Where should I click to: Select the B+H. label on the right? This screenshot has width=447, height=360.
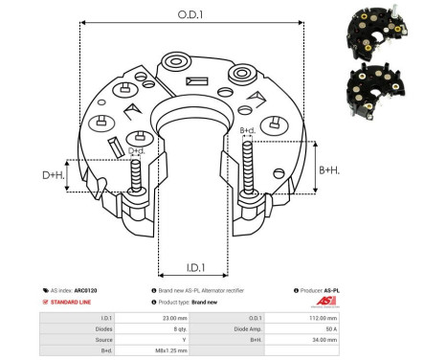(329, 169)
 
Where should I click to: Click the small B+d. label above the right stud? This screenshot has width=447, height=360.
(246, 129)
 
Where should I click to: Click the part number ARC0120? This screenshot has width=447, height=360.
(85, 289)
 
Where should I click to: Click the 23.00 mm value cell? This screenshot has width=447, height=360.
(167, 316)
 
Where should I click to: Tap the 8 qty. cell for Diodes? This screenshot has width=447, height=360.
(167, 327)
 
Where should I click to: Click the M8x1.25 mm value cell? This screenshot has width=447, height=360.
(167, 350)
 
